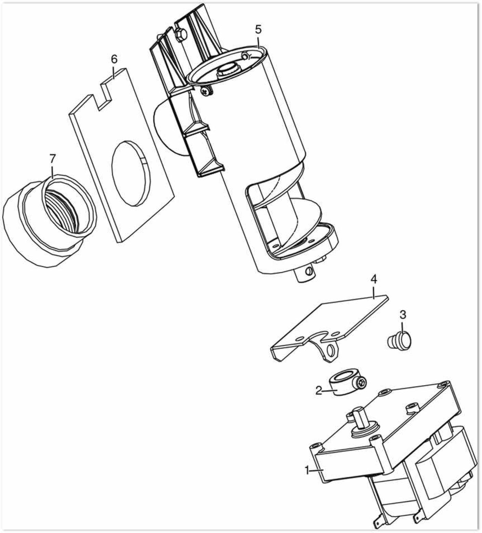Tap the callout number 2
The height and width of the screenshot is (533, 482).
(319, 391)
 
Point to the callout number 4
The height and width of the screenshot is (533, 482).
(374, 279)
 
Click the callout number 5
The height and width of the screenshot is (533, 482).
(258, 29)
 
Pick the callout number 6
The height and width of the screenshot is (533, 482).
(114, 59)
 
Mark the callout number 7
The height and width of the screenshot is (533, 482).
(52, 159)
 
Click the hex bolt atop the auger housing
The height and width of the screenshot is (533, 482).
(180, 35)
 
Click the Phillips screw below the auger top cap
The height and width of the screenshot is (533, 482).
(206, 91)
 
